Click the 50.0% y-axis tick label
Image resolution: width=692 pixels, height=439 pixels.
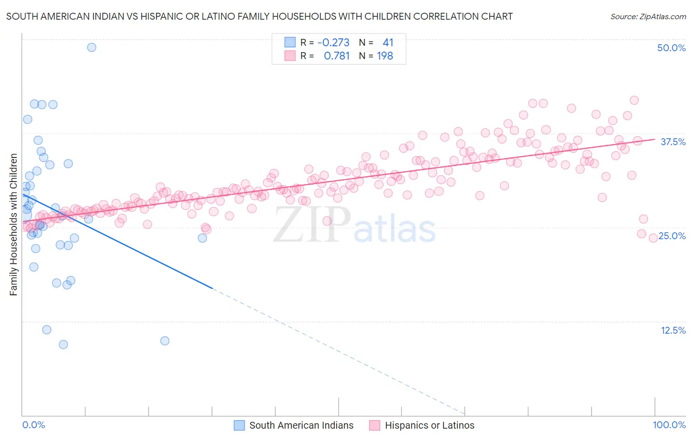pyautogui.click(x=671, y=48)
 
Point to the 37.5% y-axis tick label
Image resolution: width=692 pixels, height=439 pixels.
pyautogui.click(x=673, y=142)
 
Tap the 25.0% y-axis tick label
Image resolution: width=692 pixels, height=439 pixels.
pyautogui.click(x=672, y=236)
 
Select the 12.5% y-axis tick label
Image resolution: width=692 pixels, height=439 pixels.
pyautogui.click(x=673, y=330)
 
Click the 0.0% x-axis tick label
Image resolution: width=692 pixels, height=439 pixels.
pyautogui.click(x=33, y=425)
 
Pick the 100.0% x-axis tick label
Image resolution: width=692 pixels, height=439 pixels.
pyautogui.click(x=669, y=425)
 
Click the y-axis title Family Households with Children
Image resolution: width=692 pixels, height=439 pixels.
pyautogui.click(x=13, y=224)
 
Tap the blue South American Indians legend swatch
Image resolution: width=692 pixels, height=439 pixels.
pyautogui.click(x=239, y=426)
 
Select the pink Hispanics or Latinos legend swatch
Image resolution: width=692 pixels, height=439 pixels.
pyautogui.click(x=375, y=426)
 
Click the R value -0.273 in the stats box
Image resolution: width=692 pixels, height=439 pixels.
pyautogui.click(x=333, y=43)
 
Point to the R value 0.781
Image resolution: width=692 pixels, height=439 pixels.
pyautogui.click(x=337, y=56)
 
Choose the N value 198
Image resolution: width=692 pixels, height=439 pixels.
pyautogui.click(x=385, y=56)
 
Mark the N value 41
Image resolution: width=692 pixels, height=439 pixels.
pyautogui.click(x=388, y=43)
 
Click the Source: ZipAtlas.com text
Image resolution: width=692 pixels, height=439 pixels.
pyautogui.click(x=648, y=17)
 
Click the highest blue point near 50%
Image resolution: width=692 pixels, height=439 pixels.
pyautogui.click(x=92, y=47)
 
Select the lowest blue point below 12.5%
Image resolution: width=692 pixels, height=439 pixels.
pyautogui.click(x=63, y=345)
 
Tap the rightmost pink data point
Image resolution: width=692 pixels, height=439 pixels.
pyautogui.click(x=653, y=238)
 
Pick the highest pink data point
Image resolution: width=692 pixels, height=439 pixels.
pyautogui.click(x=634, y=100)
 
